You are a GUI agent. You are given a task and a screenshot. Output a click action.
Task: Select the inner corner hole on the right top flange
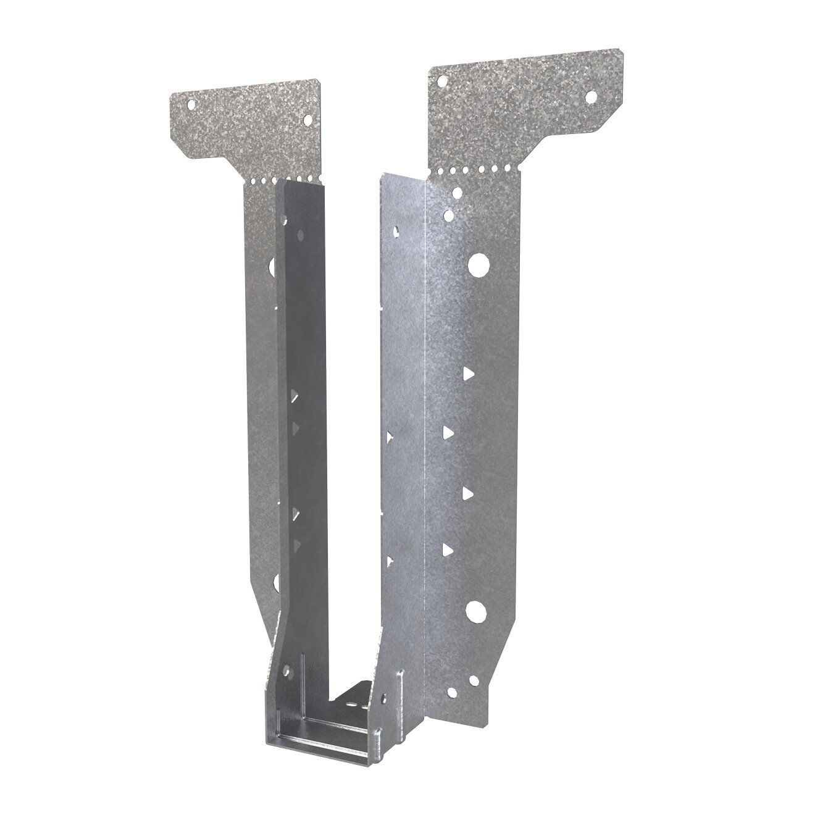pyautogui.click(x=441, y=81)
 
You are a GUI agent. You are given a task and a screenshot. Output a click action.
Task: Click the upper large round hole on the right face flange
pyautogui.click(x=477, y=265)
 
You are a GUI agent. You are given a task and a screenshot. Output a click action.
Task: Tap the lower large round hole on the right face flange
pyautogui.click(x=476, y=611)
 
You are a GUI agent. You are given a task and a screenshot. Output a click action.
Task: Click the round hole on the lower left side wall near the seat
pyautogui.click(x=286, y=670)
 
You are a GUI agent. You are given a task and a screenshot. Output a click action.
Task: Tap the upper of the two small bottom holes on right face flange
pyautogui.click(x=473, y=680)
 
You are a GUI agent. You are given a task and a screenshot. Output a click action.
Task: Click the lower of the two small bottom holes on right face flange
pyautogui.click(x=453, y=693)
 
